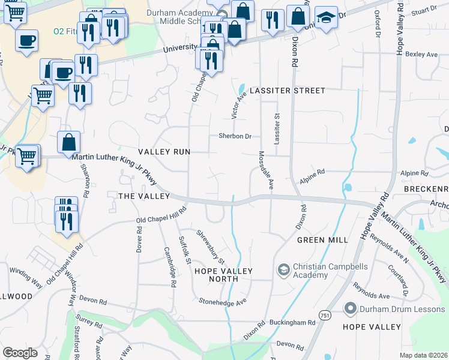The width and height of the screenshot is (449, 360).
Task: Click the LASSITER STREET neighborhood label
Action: coord(287,91)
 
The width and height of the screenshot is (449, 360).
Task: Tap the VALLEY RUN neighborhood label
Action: coord(164,152)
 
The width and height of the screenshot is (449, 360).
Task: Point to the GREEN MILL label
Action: coord(322,240)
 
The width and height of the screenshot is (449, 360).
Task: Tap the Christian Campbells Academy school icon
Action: coord(283,271)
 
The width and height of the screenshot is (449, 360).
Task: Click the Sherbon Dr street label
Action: coord(235,136)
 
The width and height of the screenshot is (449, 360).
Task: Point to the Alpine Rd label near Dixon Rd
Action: coord(312,173)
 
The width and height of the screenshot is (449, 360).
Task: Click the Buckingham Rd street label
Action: coord(295,323)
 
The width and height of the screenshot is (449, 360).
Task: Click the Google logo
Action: coord(20,353)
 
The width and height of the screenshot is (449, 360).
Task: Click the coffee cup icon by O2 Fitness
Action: coord(26,41)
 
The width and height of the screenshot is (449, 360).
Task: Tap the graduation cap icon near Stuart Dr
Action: coord(326,18)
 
